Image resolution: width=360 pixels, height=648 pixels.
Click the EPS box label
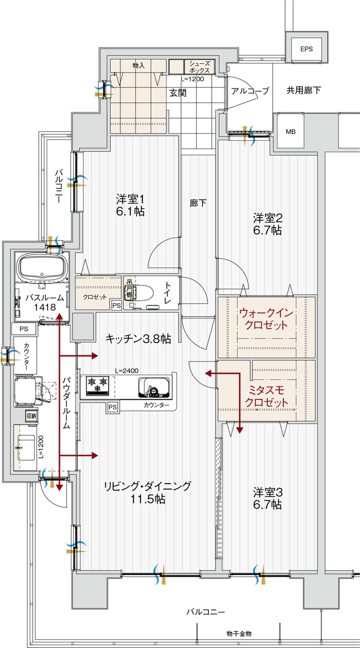pyautogui.click(x=306, y=49)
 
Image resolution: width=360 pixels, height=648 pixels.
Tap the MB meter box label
pyautogui.click(x=291, y=131)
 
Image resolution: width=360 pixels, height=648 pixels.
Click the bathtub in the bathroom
pyautogui.click(x=42, y=268)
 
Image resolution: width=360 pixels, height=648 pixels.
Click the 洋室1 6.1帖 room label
pyautogui.click(x=130, y=205)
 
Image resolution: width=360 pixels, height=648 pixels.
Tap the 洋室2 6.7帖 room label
pyautogui.click(x=267, y=224)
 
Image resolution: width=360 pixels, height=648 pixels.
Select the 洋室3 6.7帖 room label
pyautogui.click(x=267, y=498)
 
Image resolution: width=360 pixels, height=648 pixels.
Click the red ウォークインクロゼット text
pyautogui.click(x=266, y=319)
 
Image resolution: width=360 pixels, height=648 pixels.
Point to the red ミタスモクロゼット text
pyautogui.click(x=266, y=396)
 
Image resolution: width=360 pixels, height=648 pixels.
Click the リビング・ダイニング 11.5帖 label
pyautogui.click(x=148, y=492)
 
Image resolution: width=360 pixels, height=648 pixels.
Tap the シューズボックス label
pyautogui.click(x=199, y=66)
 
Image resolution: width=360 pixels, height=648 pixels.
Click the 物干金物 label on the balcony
pyautogui.click(x=239, y=634)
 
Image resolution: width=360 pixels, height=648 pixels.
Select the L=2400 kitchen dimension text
pyautogui.click(x=127, y=370)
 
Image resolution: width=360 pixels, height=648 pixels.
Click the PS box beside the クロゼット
pyautogui.click(x=116, y=306)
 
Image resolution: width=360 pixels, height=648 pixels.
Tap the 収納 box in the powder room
pyautogui.click(x=32, y=416)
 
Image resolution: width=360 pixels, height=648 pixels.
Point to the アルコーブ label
pyautogui.click(x=250, y=91)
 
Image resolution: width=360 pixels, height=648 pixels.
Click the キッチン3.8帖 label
pyautogui.click(x=138, y=339)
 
